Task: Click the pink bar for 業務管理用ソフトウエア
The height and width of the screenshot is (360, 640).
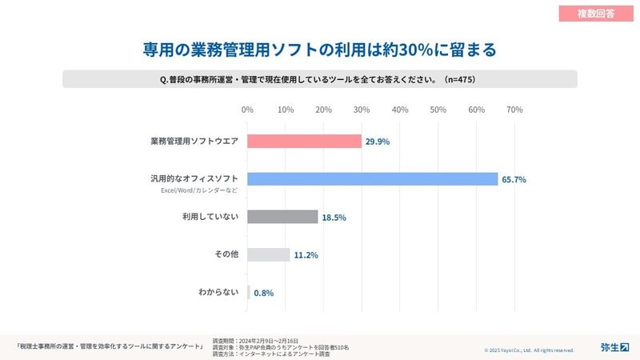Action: (x=304, y=141)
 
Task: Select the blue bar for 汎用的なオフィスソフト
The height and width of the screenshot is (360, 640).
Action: (x=372, y=179)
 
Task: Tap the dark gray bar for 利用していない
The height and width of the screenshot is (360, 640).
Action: (x=282, y=217)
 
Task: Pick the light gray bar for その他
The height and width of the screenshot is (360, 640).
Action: (x=268, y=254)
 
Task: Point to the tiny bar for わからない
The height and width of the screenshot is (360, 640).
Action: (x=249, y=292)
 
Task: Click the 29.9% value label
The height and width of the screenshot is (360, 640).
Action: (x=378, y=142)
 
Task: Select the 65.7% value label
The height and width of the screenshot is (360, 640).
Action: (x=514, y=180)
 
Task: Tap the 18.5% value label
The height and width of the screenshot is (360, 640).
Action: (x=334, y=218)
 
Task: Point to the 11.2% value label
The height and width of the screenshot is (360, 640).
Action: (x=306, y=255)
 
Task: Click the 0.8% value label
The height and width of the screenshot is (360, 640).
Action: (x=263, y=293)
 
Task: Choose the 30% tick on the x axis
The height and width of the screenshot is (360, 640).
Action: (x=362, y=109)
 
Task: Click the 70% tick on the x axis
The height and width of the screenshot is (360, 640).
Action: (x=514, y=109)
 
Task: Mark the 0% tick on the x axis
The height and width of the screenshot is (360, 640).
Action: (x=247, y=109)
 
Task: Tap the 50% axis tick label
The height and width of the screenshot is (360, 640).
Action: (x=438, y=109)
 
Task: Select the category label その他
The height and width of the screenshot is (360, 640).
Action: (x=226, y=254)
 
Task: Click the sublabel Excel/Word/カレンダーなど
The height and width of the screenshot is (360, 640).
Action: (x=199, y=190)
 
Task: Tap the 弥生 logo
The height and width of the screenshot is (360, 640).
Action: (x=614, y=347)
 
